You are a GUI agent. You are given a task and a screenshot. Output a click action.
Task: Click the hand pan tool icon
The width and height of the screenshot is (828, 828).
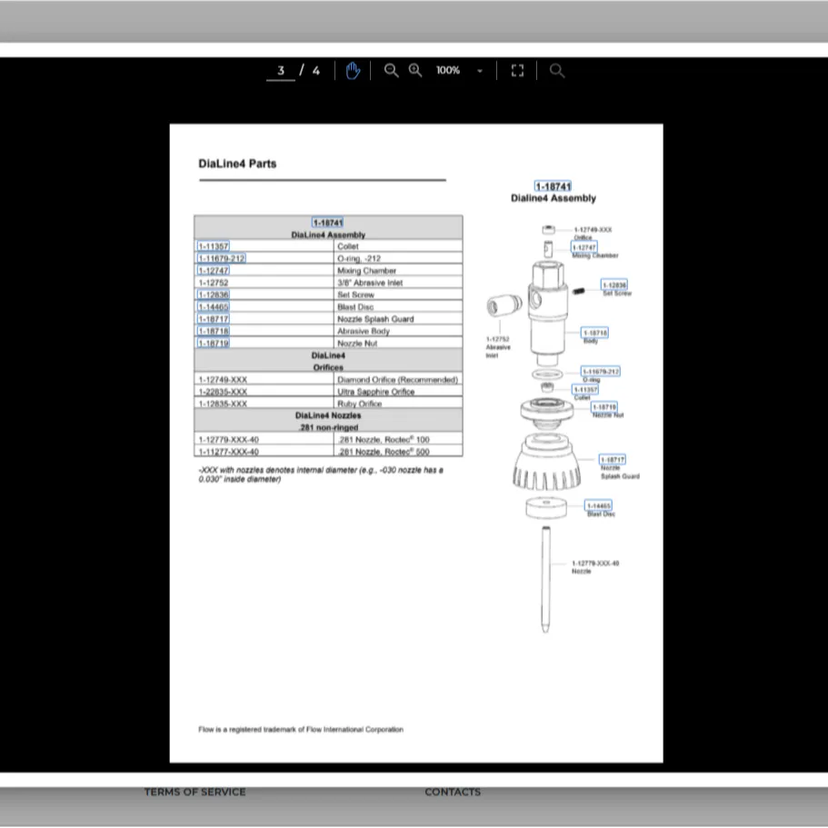pyautogui.click(x=353, y=71)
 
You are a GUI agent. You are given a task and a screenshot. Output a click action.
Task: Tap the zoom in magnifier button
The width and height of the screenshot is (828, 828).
pyautogui.click(x=415, y=71)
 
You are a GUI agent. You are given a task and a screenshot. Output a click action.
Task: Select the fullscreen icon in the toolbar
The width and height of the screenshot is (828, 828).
pyautogui.click(x=517, y=71)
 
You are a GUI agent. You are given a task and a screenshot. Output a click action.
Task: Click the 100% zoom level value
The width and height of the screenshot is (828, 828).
pyautogui.click(x=448, y=71)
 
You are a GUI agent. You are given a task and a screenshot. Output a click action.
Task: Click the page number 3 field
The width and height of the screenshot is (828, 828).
pyautogui.click(x=281, y=71)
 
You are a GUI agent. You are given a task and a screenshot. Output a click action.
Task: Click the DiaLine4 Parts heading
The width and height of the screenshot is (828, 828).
pyautogui.click(x=237, y=164)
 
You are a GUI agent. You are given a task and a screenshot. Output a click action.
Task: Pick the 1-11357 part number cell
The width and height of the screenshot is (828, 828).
pyautogui.click(x=214, y=246)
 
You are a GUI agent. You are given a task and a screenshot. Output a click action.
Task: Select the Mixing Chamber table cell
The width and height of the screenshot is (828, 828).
pyautogui.click(x=366, y=271)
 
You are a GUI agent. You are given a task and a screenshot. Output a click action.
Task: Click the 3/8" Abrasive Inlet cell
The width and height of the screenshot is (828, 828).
pyautogui.click(x=369, y=283)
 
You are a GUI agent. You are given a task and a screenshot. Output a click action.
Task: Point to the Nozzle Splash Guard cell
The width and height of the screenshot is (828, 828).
pyautogui.click(x=375, y=319)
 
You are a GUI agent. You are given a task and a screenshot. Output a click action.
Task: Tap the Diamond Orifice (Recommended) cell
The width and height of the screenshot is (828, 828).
pyautogui.click(x=397, y=380)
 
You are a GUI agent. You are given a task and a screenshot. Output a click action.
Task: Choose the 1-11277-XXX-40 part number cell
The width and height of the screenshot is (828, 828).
pyautogui.click(x=229, y=452)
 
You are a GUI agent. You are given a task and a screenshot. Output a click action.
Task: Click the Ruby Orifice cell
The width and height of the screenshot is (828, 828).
pyautogui.click(x=359, y=404)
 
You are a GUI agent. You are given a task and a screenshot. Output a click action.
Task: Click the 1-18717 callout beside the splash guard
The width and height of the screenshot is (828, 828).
pyautogui.click(x=613, y=460)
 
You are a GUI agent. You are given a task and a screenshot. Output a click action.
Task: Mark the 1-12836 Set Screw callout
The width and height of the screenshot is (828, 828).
pyautogui.click(x=614, y=285)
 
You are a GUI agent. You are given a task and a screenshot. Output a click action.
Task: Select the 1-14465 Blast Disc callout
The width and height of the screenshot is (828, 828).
pyautogui.click(x=599, y=505)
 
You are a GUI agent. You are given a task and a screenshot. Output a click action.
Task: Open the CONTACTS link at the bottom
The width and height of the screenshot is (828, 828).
pyautogui.click(x=453, y=793)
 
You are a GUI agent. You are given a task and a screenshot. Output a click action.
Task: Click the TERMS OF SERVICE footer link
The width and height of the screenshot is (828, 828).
pyautogui.click(x=195, y=793)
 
